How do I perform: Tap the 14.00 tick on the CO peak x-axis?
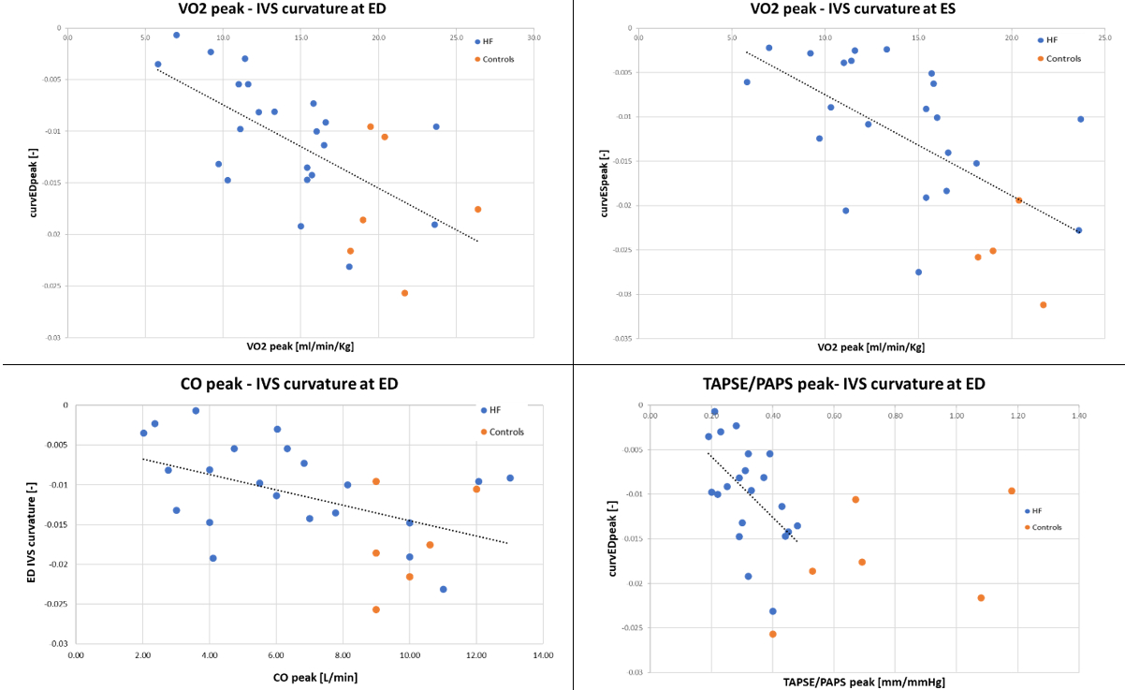(x=543, y=654)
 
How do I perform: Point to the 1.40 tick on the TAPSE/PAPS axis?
(x=1078, y=415)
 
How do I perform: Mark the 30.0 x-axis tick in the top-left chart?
(x=533, y=38)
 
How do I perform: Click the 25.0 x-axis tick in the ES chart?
(x=1104, y=37)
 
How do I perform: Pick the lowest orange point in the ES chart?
(x=1043, y=304)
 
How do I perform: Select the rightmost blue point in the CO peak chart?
(x=510, y=477)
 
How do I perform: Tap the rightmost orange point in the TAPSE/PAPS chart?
(x=1012, y=491)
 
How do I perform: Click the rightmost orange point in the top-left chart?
(x=477, y=209)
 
